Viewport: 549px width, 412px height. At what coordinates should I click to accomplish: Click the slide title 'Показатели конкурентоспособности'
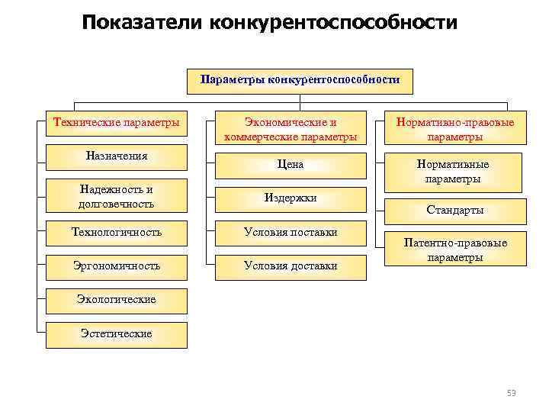pyautogui.click(x=271, y=22)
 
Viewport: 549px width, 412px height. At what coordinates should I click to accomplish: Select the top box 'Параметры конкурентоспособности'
pyautogui.click(x=300, y=79)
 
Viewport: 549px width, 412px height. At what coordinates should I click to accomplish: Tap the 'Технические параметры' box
pyautogui.click(x=117, y=122)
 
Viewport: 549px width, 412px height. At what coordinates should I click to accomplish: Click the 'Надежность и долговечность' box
pyautogui.click(x=117, y=197)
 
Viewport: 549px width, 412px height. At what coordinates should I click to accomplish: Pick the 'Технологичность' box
pyautogui.click(x=117, y=232)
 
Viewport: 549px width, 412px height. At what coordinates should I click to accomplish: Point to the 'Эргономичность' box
pyautogui.click(x=117, y=266)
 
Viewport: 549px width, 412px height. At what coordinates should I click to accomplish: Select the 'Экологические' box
pyautogui.click(x=117, y=299)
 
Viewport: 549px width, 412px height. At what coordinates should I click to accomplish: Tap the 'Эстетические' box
pyautogui.click(x=117, y=333)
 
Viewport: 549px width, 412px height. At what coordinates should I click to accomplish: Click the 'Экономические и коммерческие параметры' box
pyautogui.click(x=291, y=129)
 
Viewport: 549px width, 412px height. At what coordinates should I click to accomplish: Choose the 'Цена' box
pyautogui.click(x=291, y=164)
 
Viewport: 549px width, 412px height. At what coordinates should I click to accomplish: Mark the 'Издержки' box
pyautogui.click(x=291, y=198)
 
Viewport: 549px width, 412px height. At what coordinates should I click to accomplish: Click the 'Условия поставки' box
pyautogui.click(x=291, y=232)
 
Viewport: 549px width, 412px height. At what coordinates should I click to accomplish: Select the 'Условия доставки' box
pyautogui.click(x=291, y=266)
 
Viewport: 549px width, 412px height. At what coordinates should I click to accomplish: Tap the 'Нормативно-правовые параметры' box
pyautogui.click(x=454, y=129)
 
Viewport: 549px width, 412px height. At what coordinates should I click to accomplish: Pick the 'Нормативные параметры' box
pyautogui.click(x=454, y=171)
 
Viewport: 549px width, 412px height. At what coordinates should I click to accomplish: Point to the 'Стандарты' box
pyautogui.click(x=454, y=210)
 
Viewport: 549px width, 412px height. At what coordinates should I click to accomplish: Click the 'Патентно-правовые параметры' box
pyautogui.click(x=454, y=249)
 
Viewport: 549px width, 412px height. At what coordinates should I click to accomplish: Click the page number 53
pyautogui.click(x=512, y=393)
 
